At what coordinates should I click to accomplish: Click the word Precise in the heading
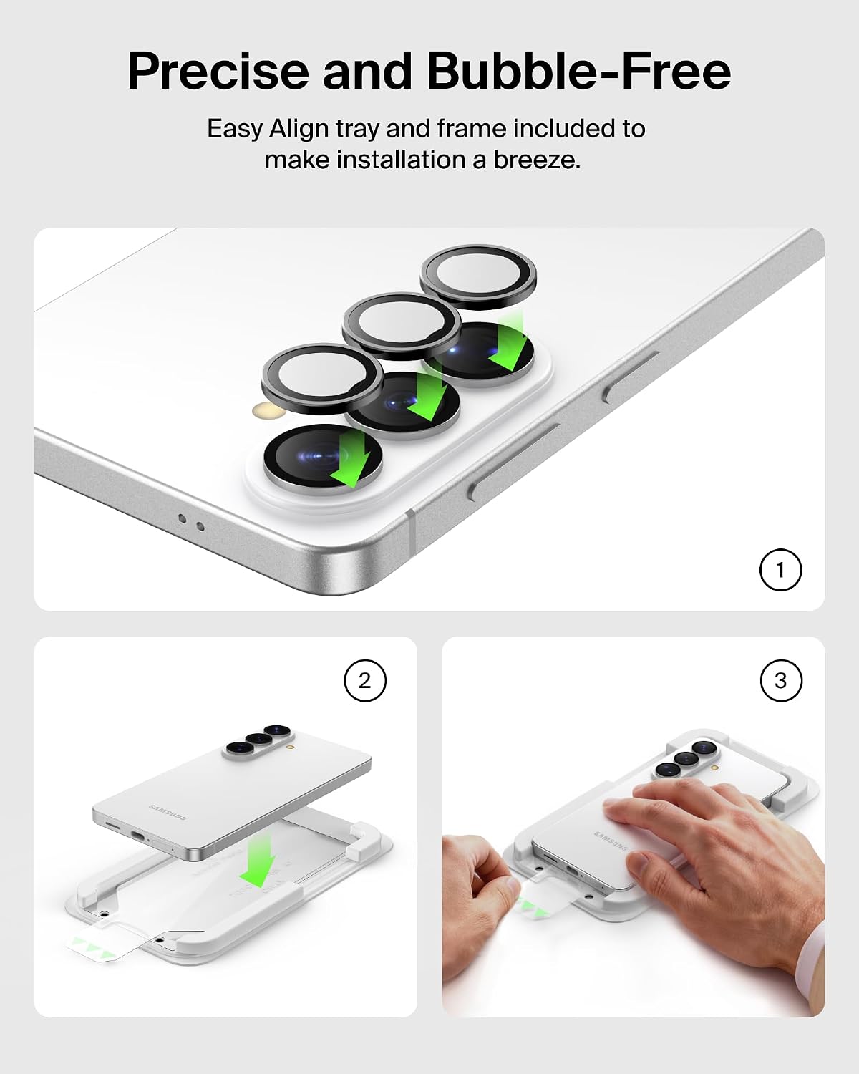pyautogui.click(x=218, y=71)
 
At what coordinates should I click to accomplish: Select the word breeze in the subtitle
pyautogui.click(x=537, y=160)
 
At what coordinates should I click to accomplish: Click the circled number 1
pyautogui.click(x=780, y=570)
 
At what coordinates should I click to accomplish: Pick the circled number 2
pyautogui.click(x=365, y=681)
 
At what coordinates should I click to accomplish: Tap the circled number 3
pyautogui.click(x=781, y=681)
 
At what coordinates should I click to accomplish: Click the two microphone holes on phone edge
pyautogui.click(x=192, y=523)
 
